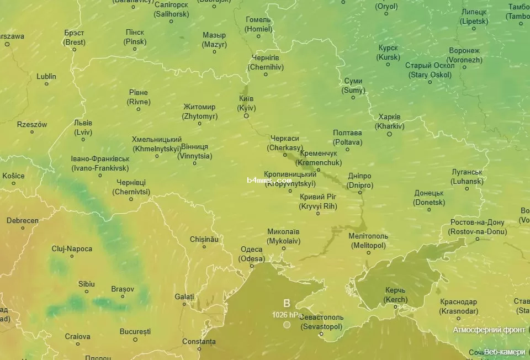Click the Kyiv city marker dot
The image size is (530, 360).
246,116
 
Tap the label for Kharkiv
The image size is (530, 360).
389,121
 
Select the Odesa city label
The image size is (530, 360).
252,254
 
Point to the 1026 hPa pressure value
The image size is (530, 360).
287,315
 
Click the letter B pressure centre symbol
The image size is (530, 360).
287,303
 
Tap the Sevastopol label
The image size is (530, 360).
322,322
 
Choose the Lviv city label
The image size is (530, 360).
83,128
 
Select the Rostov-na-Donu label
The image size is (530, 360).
478,227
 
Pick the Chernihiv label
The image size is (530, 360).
266,62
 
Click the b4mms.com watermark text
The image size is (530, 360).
269,180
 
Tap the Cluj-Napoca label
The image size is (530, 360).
72,249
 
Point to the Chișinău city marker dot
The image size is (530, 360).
204,246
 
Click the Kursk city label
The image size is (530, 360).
388,52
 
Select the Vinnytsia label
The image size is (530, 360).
194,151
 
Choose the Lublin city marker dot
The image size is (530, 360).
46,84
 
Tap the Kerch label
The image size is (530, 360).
396,295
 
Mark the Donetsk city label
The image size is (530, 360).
429,198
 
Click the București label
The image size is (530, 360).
135,331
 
